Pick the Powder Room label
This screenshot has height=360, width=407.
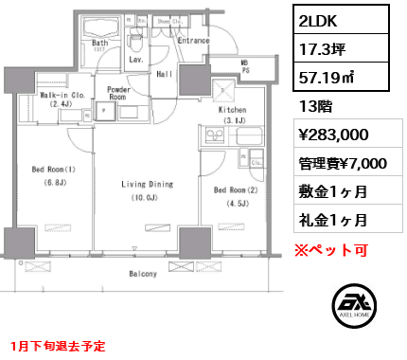point(118,94)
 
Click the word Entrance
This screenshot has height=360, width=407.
point(193,41)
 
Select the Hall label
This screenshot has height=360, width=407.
point(163,73)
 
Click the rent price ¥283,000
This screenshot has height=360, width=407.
point(326,134)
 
